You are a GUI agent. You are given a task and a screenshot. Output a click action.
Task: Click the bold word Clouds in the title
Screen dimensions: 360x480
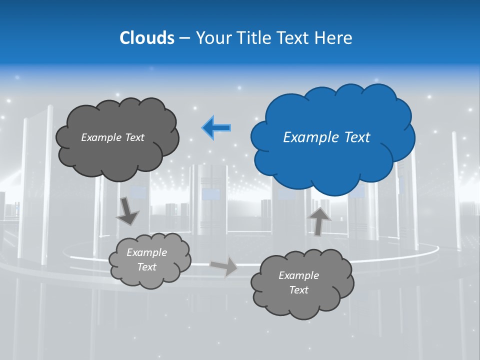(x=147, y=37)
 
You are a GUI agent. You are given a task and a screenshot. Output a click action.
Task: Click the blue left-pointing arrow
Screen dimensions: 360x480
(x=216, y=128)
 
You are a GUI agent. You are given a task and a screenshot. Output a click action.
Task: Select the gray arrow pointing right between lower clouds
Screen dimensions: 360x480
(x=224, y=266)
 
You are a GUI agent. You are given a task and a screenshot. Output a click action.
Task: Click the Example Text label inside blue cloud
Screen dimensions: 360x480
(x=326, y=137)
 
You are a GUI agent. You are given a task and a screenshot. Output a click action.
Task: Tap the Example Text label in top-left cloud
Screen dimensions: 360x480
(x=112, y=137)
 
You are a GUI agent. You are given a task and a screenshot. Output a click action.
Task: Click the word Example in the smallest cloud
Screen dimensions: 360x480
(x=146, y=252)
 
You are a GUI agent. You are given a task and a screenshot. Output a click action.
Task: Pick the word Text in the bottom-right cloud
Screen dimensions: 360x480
(x=298, y=290)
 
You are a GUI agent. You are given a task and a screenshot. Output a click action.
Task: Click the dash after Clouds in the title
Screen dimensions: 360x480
(x=184, y=37)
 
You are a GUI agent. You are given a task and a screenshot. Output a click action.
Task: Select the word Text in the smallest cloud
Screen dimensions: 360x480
(x=146, y=267)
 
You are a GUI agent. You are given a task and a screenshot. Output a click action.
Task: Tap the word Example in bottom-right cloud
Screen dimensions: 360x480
(x=298, y=275)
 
